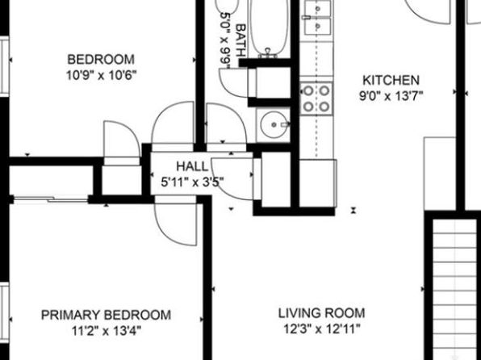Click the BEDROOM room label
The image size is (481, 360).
coord(101,59)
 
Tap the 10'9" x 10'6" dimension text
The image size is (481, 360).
coord(101,75)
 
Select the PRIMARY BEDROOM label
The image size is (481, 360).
coord(107,315)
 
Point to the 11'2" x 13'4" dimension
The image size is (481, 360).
coord(107,331)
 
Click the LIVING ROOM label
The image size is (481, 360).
coord(321,313)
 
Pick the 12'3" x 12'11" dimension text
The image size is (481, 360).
coord(321,329)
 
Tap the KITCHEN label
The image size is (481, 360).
coord(391,81)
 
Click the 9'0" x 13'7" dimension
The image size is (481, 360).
coord(391,96)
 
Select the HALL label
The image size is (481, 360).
coord(192,166)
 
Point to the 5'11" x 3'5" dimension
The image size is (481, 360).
coord(192,182)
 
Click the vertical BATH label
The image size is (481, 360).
coord(241,40)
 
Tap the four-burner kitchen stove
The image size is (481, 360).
coord(316,98)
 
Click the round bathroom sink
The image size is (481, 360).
coord(274,124)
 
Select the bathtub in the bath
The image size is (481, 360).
coord(270,27)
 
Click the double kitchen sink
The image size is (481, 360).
coord(318,17)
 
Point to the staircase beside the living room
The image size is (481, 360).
coord(455,288)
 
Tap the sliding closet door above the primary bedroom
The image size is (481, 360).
coord(51,200)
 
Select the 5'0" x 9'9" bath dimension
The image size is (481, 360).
coord(225,41)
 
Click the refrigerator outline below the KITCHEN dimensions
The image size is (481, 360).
coord(440,174)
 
